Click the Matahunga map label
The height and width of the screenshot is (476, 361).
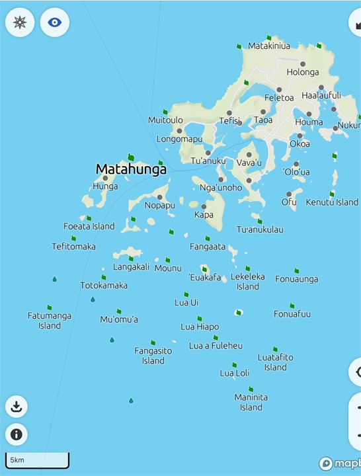pos(131,169)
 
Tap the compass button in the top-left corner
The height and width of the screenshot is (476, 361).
pos(20,22)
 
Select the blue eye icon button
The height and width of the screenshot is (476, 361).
pos(55,22)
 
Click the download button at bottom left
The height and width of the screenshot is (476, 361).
pos(17,406)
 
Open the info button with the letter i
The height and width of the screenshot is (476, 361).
pos(17,434)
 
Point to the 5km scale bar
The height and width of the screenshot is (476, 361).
pos(38,459)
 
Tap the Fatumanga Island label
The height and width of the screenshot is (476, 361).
pos(50,321)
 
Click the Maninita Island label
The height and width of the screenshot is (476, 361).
pos(251,402)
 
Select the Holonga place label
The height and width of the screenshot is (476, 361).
pos(303,72)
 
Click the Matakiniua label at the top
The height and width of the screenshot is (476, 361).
pos(269,46)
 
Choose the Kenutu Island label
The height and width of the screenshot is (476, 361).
pos(332,202)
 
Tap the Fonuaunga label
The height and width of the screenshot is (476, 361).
pos(297,279)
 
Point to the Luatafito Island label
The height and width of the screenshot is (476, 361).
pos(276,362)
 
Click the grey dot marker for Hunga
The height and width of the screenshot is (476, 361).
pos(105,178)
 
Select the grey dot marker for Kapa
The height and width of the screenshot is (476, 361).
pos(204,206)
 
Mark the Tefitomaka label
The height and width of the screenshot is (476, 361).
pos(74,247)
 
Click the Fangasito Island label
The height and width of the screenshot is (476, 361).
pos(153,356)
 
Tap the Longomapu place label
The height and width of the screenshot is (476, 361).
pos(180,139)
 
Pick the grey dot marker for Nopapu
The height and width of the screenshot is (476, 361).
pos(160,197)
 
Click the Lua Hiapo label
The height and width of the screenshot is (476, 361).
pos(200,327)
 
